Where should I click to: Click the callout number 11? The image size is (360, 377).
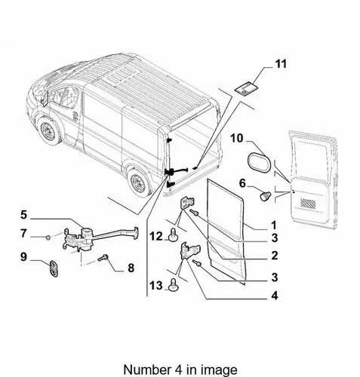point(281,64)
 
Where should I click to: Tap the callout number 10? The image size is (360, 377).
point(237,138)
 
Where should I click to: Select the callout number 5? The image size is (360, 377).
point(23,215)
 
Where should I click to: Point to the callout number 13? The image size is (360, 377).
point(156,286)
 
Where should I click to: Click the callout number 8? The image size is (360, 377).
point(131,268)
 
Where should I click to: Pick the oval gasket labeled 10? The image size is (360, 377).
point(260,163)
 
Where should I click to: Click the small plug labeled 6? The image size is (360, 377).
point(266,196)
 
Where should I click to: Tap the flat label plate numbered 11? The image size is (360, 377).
point(247,89)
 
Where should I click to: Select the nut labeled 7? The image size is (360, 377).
point(48,237)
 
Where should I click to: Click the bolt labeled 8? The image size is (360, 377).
point(103,258)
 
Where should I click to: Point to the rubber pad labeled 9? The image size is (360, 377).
point(54,269)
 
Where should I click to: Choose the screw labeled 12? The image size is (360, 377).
point(174,234)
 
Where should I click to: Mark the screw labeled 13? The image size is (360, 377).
point(174,284)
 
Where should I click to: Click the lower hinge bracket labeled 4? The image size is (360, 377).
point(189,251)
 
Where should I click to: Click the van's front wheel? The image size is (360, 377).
point(49,131)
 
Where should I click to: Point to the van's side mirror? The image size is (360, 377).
point(45,99)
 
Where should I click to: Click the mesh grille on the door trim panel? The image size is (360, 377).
point(309,203)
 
